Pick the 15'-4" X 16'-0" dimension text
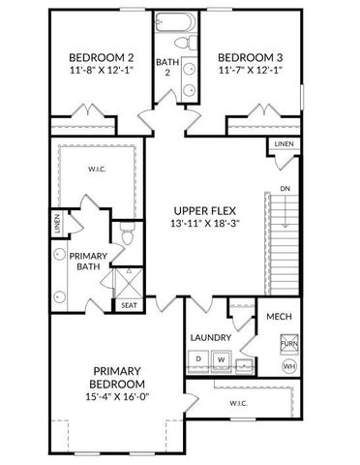tap(118, 397)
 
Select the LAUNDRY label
tap(210, 337)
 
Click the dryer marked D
tap(199, 359)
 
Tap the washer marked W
tap(220, 359)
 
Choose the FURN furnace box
tap(288, 344)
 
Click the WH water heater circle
tap(288, 367)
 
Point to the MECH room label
tap(280, 317)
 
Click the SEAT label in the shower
tap(129, 305)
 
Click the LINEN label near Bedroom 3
tap(284, 144)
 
